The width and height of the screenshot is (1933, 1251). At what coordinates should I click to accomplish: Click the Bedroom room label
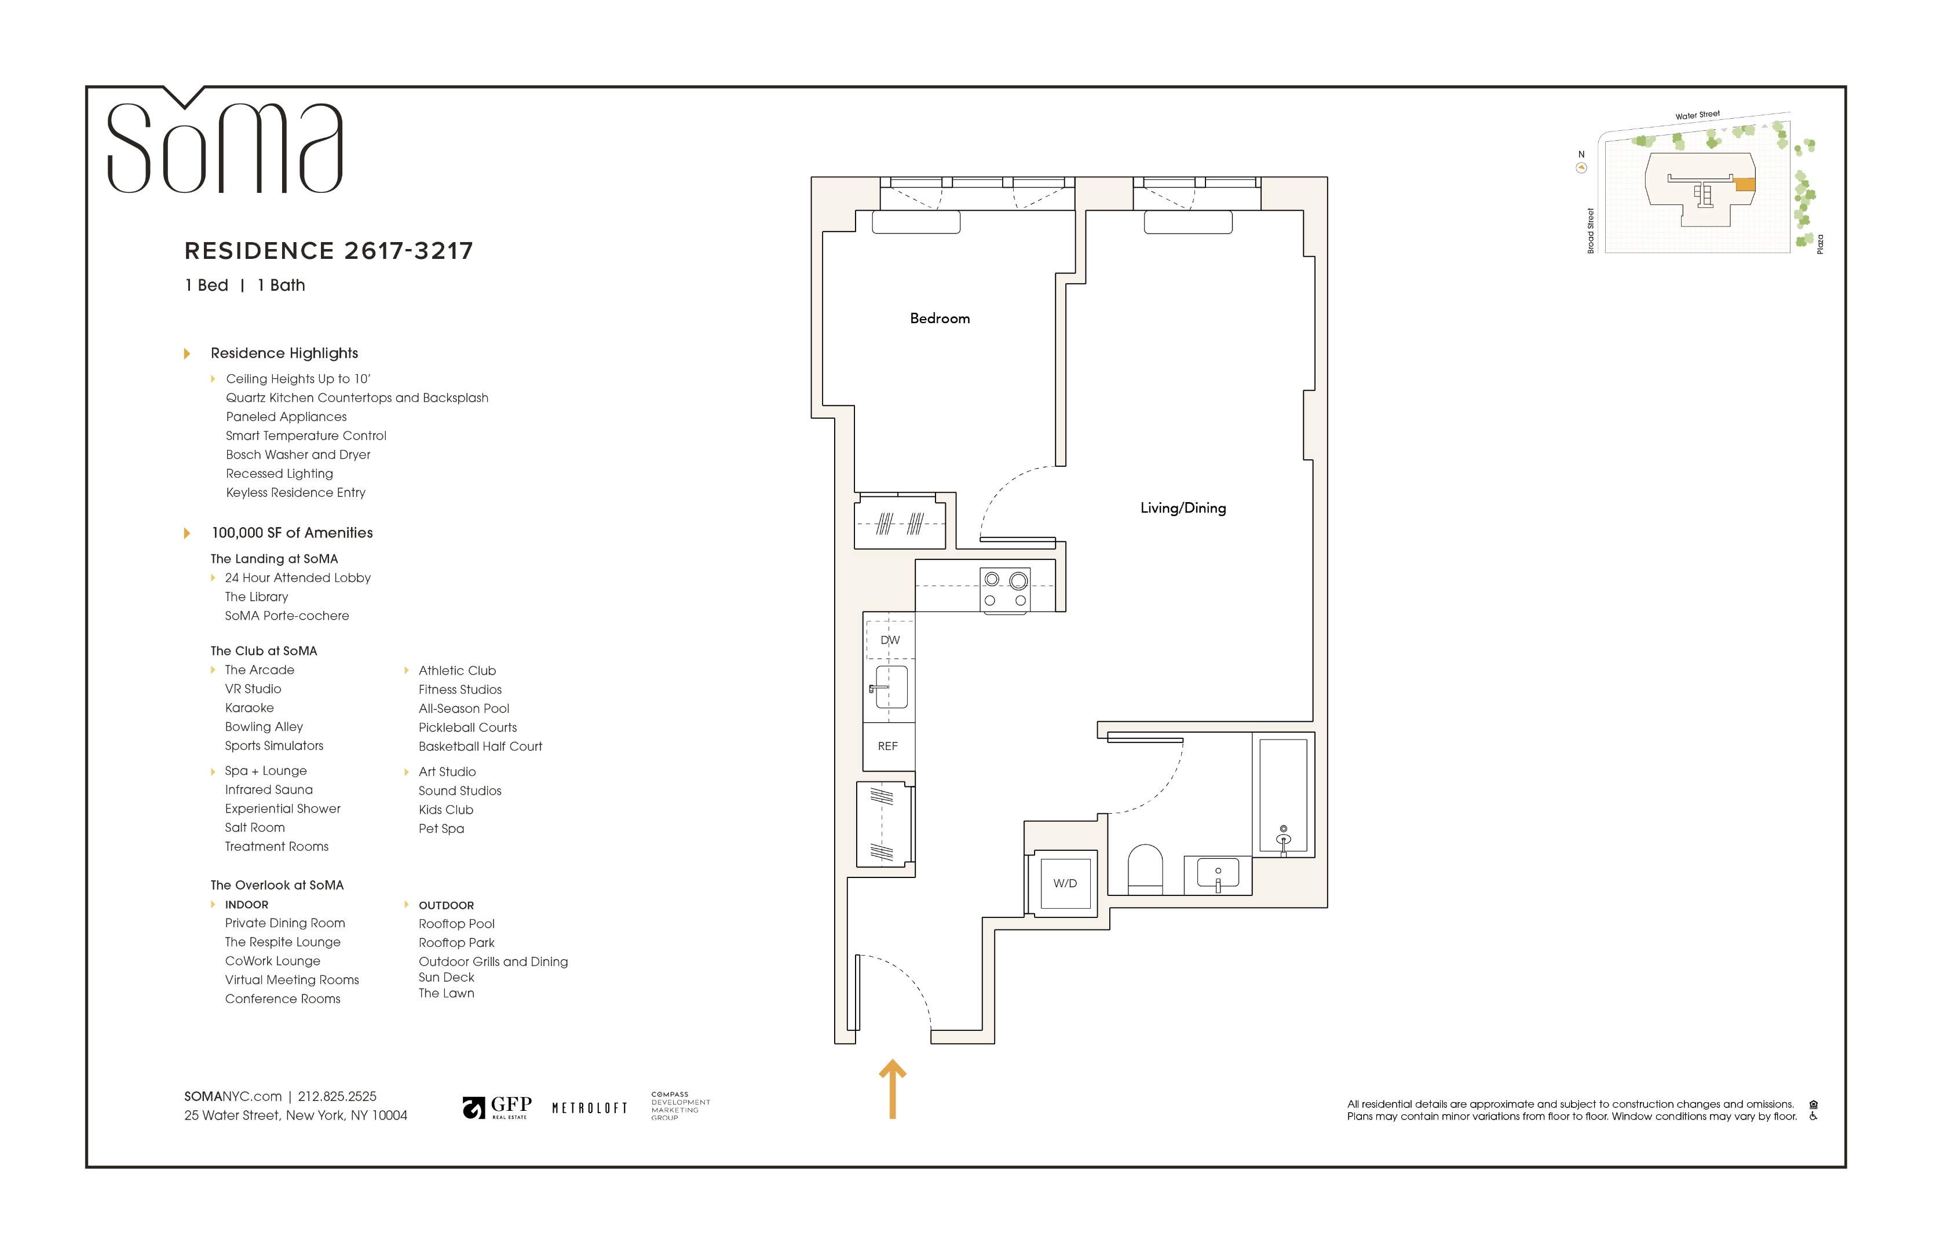940,318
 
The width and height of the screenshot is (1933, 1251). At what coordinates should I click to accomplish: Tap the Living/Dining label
1182,508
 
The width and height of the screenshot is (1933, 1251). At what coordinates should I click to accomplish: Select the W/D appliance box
1065,883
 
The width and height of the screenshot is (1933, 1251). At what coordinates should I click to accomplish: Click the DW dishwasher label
890,640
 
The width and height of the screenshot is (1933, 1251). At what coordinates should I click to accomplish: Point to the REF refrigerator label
887,746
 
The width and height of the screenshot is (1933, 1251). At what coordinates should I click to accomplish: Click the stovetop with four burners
1006,590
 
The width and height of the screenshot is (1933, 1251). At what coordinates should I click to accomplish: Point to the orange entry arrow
893,1089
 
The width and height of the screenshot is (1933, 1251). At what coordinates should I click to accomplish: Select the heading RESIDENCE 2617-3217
329,251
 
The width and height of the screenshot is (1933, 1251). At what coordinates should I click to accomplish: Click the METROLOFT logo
590,1108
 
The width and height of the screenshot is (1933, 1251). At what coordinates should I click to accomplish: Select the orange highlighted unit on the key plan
1745,184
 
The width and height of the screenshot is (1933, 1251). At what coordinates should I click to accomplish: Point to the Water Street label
1697,115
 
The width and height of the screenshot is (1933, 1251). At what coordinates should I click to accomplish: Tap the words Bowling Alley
264,727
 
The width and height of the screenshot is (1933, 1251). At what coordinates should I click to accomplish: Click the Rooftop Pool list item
456,924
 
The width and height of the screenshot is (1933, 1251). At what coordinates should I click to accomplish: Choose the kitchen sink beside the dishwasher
890,687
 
